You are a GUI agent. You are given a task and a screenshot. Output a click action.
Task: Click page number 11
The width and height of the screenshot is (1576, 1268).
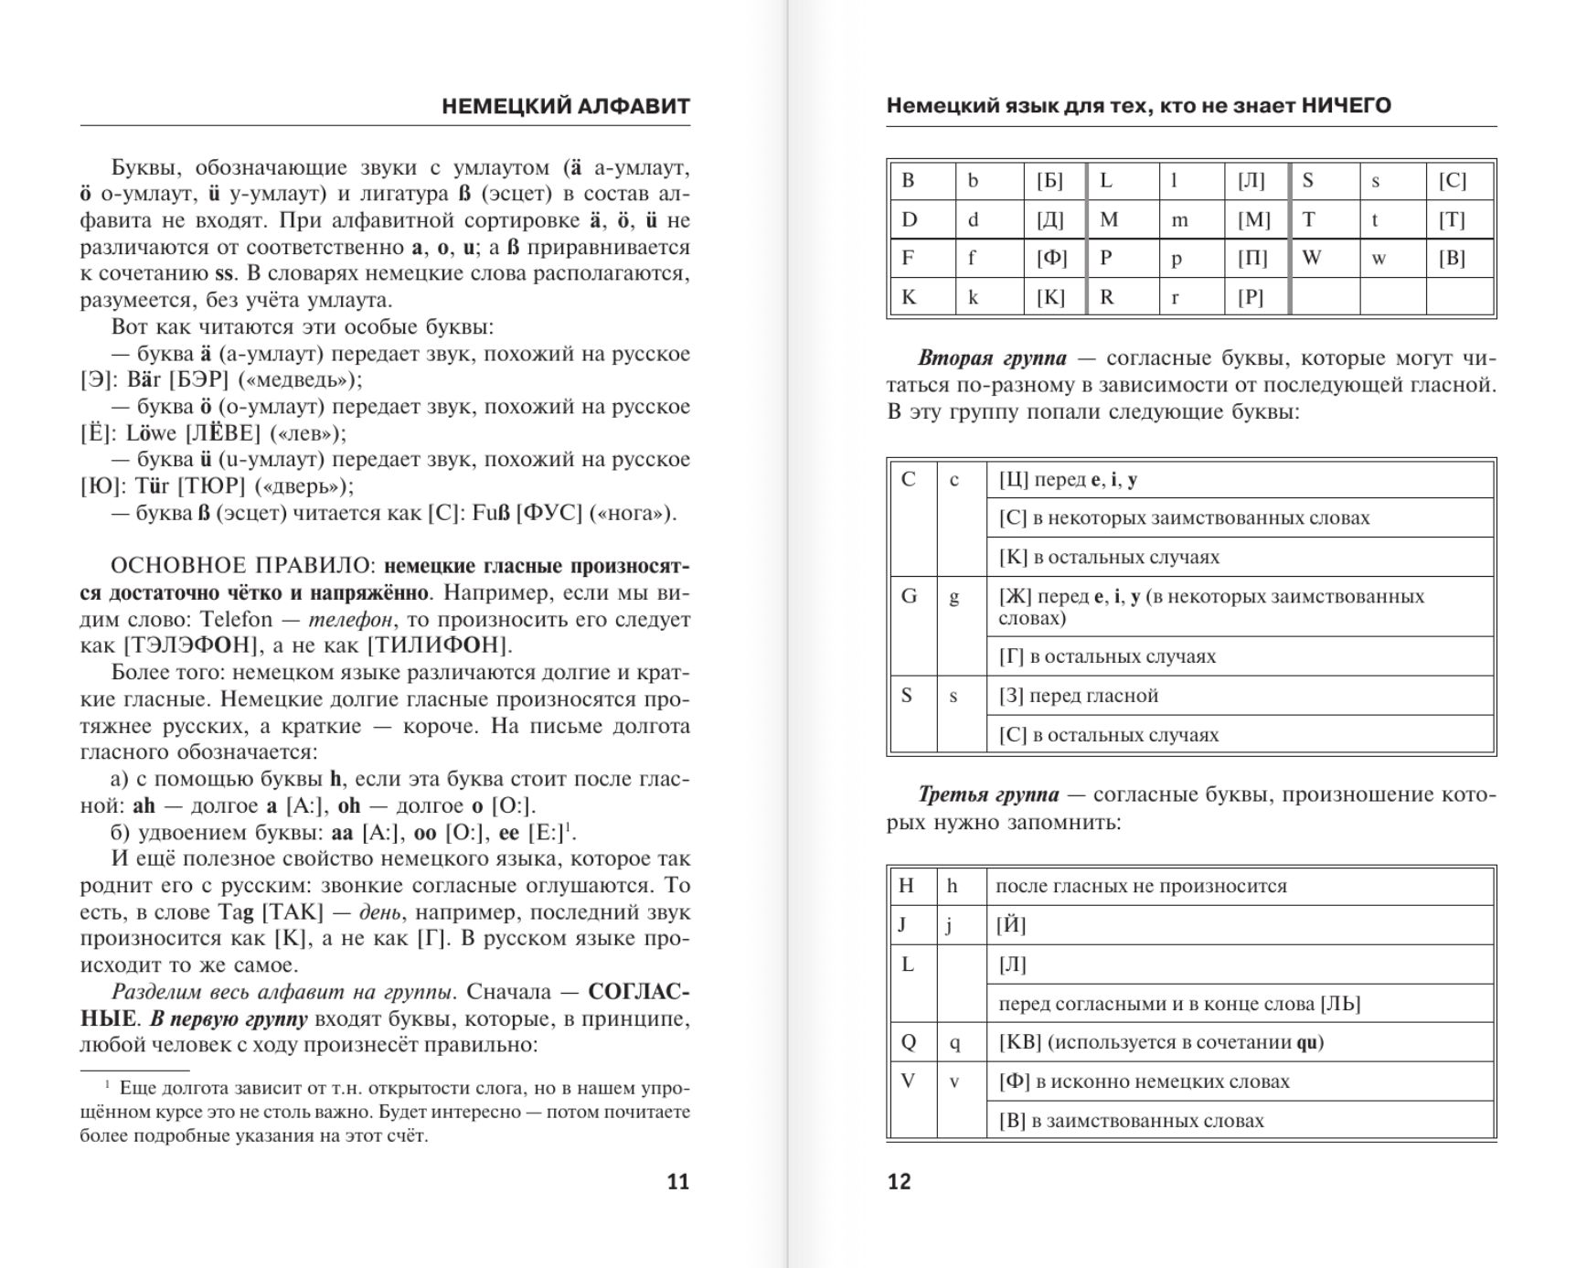677,1181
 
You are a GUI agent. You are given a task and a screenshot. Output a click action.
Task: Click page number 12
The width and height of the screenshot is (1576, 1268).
899,1181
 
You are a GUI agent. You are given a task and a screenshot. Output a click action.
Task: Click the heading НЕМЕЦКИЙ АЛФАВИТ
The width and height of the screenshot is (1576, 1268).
565,106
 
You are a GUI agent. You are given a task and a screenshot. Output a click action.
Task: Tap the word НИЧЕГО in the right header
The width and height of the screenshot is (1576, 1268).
1346,105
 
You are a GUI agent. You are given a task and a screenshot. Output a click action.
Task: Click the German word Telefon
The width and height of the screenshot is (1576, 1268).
236,619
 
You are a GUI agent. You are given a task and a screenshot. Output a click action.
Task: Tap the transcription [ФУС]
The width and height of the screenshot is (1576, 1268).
548,513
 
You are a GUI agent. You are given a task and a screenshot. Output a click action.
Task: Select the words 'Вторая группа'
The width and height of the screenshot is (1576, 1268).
991,358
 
